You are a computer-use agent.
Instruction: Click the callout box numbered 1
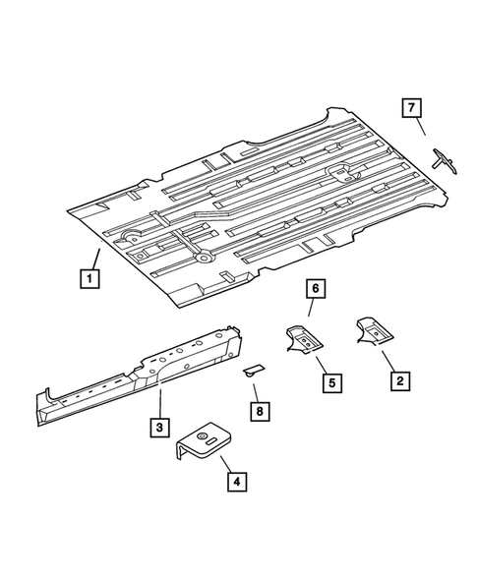(x=89, y=279)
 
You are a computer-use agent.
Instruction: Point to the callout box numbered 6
(x=315, y=289)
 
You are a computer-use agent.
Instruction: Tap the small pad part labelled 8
(x=253, y=370)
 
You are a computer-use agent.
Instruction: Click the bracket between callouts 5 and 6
(x=304, y=338)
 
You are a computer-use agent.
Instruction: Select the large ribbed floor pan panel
(x=266, y=197)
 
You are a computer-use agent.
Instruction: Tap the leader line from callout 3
(x=160, y=404)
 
